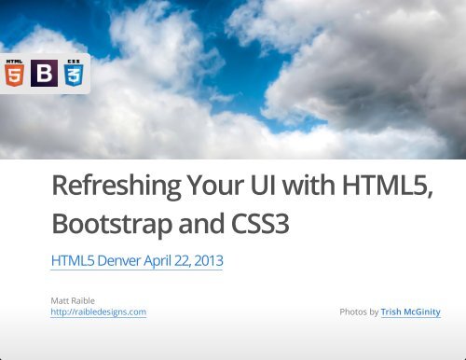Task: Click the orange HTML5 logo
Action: tap(15, 72)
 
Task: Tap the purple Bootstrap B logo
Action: tap(44, 73)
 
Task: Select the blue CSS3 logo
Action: tap(73, 72)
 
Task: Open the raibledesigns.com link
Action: tap(99, 312)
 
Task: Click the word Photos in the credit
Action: tap(353, 312)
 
